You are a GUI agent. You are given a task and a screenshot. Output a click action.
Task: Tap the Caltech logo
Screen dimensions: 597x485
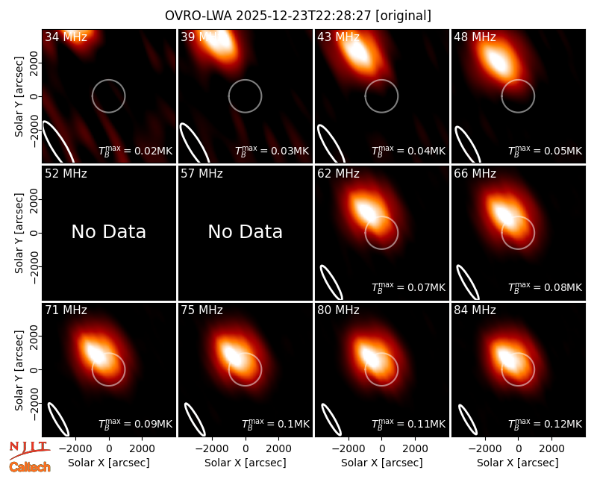(30, 467)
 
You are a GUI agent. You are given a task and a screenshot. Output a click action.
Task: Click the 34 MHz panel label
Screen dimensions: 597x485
(66, 37)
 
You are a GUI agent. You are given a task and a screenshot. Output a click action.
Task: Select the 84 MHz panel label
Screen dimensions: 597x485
(475, 310)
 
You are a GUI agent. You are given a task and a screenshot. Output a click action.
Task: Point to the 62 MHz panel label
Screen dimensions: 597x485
(339, 174)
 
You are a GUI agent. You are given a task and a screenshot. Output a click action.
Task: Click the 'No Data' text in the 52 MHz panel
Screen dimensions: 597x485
(109, 232)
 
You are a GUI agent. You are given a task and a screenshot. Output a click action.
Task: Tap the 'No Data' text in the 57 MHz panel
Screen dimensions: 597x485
(246, 232)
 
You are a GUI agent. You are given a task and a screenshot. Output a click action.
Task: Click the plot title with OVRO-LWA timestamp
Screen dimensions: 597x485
(298, 16)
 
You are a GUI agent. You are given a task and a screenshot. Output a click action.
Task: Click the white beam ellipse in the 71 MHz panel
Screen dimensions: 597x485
(58, 419)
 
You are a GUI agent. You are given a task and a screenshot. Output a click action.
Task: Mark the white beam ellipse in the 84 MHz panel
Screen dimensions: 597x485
(468, 419)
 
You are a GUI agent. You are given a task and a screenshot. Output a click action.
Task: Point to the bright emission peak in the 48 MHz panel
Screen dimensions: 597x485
(496, 62)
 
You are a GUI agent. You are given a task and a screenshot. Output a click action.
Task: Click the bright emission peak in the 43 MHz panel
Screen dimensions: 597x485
(358, 52)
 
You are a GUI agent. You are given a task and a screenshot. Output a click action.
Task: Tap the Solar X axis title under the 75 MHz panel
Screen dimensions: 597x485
(246, 463)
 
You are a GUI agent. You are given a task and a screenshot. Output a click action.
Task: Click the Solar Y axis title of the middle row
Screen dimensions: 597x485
(19, 233)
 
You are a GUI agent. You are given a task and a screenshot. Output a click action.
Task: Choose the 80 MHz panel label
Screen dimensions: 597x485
(339, 310)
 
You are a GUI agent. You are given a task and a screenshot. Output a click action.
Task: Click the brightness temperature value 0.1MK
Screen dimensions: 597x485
(275, 423)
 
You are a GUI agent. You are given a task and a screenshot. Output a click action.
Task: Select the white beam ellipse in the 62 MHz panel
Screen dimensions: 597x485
(331, 282)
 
